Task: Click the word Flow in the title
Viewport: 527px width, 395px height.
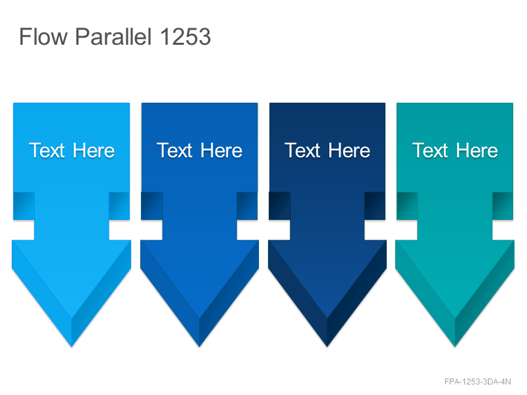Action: [43, 36]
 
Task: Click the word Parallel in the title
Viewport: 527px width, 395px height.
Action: [113, 36]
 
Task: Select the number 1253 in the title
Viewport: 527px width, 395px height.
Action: [186, 37]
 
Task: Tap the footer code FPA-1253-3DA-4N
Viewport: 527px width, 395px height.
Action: [478, 382]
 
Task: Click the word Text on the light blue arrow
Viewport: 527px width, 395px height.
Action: [47, 150]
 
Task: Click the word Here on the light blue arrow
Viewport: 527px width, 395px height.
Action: [94, 150]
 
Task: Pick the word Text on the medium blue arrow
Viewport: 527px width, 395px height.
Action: [175, 150]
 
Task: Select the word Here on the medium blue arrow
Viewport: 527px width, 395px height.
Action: [221, 150]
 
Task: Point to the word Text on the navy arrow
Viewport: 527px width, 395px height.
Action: [302, 150]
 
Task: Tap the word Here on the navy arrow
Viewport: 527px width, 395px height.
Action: [350, 150]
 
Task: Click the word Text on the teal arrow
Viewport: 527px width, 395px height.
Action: [430, 150]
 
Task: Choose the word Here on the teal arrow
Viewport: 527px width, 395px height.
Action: [477, 150]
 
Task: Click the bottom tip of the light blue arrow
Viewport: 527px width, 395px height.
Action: [72, 347]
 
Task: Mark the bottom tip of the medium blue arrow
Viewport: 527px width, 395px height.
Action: [200, 347]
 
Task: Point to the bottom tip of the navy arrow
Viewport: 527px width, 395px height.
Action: [327, 347]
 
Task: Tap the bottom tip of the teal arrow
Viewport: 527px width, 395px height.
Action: [455, 347]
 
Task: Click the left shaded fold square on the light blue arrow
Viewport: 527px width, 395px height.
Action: [24, 206]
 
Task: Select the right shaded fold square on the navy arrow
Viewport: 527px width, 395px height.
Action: [375, 206]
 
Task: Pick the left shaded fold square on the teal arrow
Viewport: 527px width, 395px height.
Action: [407, 206]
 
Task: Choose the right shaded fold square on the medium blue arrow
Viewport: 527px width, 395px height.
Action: [248, 206]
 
